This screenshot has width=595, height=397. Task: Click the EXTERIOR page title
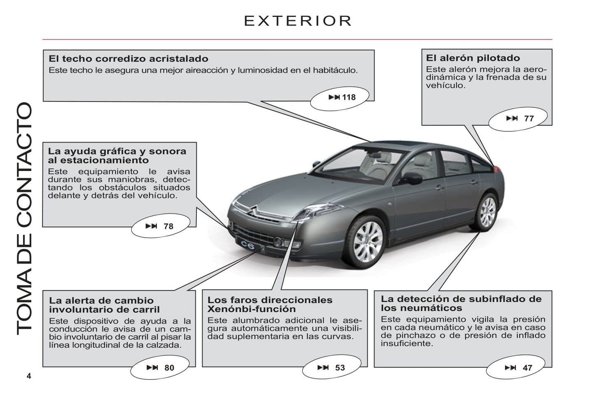point(298,21)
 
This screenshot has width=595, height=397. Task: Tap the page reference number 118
point(349,97)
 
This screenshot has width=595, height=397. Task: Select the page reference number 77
point(529,119)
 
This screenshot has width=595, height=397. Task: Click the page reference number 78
point(168,227)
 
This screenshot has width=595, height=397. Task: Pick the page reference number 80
point(169,368)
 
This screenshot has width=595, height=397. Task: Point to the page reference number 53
point(340,368)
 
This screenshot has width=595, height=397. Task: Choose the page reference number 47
point(527,368)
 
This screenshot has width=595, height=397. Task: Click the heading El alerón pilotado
point(473,58)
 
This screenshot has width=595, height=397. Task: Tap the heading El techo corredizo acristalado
point(128,59)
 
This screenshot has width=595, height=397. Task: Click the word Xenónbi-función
point(252,309)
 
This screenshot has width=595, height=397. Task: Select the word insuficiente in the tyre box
point(407,343)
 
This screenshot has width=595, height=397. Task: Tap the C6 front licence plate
point(247,245)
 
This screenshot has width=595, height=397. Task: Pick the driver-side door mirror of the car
point(411,178)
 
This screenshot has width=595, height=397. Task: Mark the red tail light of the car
point(497,169)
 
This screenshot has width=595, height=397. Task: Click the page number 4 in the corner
point(29,376)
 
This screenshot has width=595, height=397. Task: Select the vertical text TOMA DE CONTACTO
point(24,219)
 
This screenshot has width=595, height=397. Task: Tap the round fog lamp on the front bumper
point(278,242)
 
